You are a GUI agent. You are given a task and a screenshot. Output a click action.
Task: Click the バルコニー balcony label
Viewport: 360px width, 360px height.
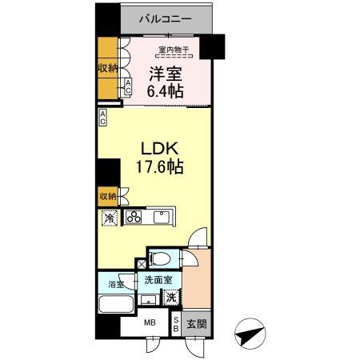167,17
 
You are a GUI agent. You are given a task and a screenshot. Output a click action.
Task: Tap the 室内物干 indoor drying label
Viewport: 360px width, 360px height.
173,51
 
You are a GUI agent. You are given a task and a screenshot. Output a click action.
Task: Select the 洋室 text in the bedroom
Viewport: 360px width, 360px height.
166,74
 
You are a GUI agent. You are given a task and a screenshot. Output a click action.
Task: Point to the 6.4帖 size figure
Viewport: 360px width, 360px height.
166,91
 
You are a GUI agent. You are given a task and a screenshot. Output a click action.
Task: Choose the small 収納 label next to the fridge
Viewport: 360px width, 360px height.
108,195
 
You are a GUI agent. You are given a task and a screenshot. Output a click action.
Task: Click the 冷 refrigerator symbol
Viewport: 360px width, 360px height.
108,217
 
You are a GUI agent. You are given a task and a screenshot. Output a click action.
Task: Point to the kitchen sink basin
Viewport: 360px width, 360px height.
162,216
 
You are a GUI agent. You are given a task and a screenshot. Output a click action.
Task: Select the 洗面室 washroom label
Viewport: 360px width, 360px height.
157,281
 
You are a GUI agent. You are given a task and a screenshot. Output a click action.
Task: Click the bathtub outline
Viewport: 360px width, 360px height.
116,304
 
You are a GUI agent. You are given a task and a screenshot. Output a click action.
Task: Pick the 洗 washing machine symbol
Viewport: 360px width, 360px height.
172,297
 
